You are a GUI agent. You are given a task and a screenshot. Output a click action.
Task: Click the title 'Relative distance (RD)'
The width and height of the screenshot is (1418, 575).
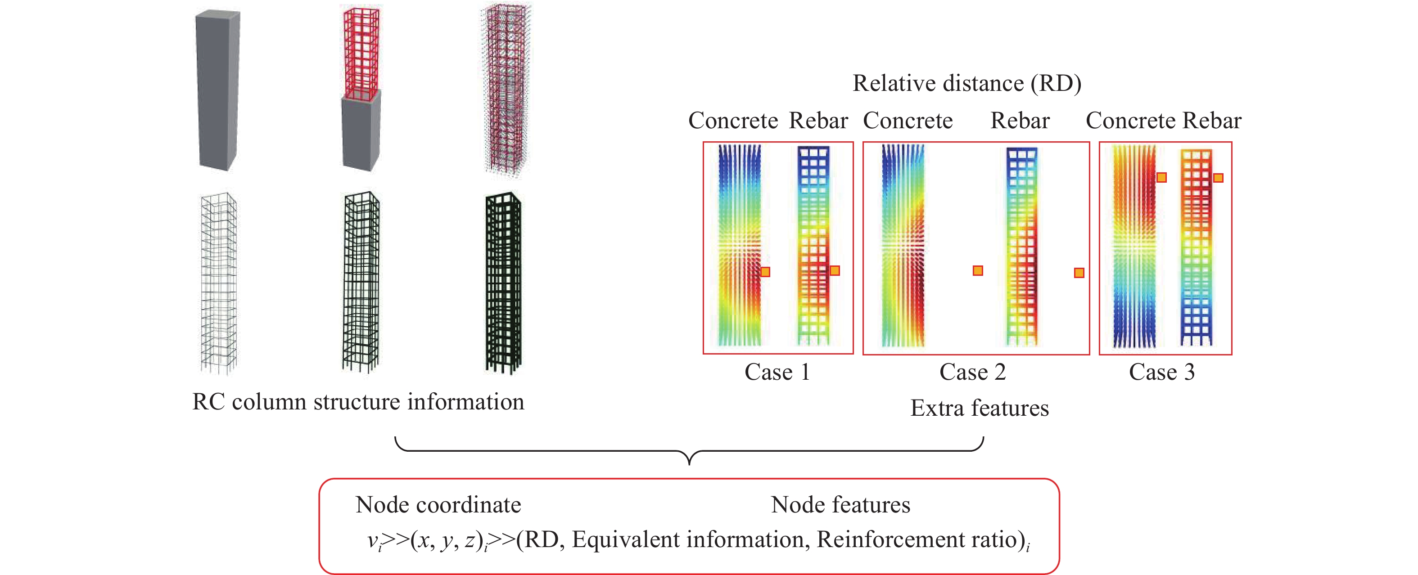(x=966, y=83)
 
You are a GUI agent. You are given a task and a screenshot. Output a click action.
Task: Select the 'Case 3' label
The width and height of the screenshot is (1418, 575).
(x=1161, y=373)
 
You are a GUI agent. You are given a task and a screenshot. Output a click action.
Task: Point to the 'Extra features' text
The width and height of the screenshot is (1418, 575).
(x=979, y=408)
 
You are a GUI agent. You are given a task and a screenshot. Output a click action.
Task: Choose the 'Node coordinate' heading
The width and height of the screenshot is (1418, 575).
(x=438, y=504)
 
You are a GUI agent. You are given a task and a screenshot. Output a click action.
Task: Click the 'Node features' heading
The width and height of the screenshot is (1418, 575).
(x=840, y=504)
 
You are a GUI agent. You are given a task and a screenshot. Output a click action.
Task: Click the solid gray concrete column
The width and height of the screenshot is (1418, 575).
(x=217, y=91)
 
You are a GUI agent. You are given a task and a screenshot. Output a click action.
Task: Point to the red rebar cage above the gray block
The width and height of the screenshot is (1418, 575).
(x=361, y=52)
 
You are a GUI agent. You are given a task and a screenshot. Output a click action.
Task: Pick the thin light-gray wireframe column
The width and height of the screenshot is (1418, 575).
(x=218, y=283)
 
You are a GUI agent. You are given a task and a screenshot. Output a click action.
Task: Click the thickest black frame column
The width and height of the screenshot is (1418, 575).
(x=502, y=283)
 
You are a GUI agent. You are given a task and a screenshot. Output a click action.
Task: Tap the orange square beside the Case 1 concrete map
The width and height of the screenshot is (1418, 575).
(x=765, y=272)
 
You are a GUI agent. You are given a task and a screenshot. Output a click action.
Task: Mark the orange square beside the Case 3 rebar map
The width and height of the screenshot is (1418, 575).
(x=1218, y=178)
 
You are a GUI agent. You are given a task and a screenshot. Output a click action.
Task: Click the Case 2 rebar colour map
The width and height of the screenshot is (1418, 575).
(x=1022, y=247)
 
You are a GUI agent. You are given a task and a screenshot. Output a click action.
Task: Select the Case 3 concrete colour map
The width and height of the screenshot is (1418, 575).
(x=1134, y=247)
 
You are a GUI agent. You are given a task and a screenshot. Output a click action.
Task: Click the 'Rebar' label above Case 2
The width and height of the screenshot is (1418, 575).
(x=1020, y=121)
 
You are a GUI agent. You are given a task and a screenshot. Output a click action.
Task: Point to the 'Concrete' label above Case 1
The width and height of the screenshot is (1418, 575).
(x=733, y=121)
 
